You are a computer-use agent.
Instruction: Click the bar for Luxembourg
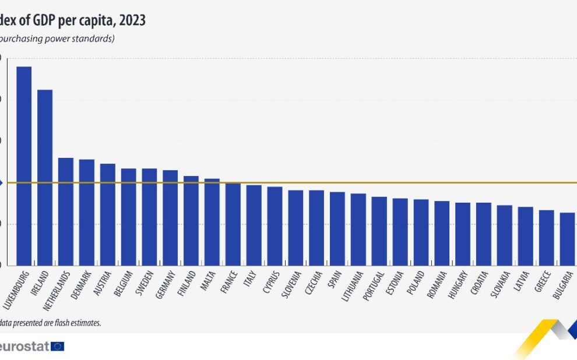click(x=24, y=166)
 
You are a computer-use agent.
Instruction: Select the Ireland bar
click(x=45, y=178)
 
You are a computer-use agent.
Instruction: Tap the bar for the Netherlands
click(x=66, y=211)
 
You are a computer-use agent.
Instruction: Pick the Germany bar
click(x=170, y=218)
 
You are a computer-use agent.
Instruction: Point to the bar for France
click(x=233, y=224)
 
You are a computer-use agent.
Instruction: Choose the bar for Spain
click(x=337, y=228)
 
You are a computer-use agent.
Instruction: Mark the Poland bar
click(x=421, y=232)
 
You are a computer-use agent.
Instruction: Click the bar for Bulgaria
click(x=567, y=239)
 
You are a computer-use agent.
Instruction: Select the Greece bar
click(x=546, y=238)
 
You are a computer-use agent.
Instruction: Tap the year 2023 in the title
click(x=132, y=20)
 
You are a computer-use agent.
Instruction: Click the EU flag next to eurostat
click(x=58, y=347)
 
